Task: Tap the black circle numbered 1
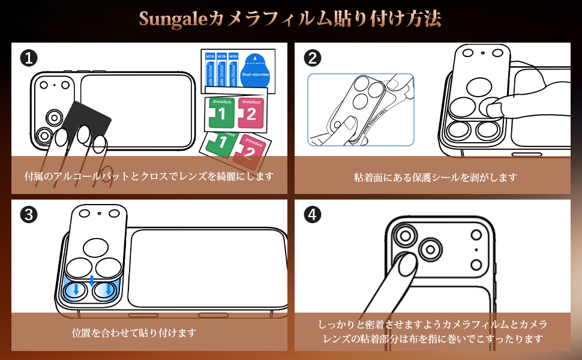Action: (28, 58)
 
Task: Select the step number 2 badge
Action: (312, 58)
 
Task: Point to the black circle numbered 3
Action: (28, 215)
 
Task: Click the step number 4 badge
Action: (312, 215)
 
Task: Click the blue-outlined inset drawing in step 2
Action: (361, 110)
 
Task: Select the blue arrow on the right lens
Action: (108, 291)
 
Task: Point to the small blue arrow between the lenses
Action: (92, 280)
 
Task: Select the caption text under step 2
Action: (435, 177)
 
